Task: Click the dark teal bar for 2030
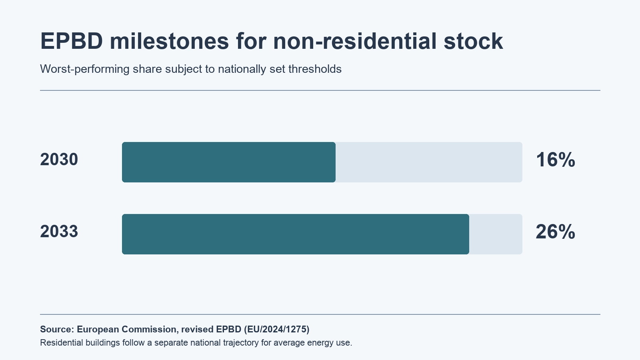[x=228, y=162]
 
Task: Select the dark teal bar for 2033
[x=296, y=234]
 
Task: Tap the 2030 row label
[x=59, y=160]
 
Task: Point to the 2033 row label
[x=59, y=232]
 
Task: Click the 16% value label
[x=556, y=160]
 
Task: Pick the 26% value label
[x=556, y=232]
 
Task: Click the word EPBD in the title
[x=72, y=41]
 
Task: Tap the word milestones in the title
[x=170, y=41]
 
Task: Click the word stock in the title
[x=474, y=41]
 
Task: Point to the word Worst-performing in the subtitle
[x=84, y=69]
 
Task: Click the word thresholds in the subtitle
[x=315, y=69]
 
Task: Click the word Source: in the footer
[x=57, y=329]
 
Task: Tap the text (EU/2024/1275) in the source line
[x=276, y=330]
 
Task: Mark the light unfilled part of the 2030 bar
[x=429, y=162]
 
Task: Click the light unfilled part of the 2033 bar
[x=496, y=234]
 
